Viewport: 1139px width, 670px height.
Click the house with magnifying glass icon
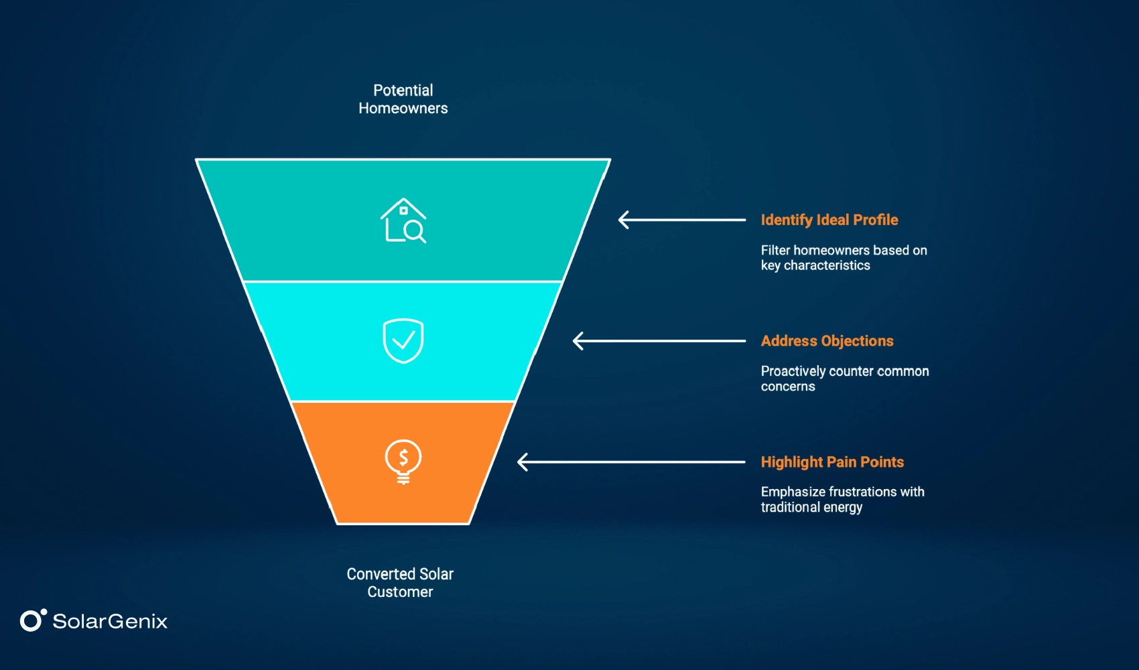[403, 220]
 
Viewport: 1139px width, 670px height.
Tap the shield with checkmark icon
[403, 340]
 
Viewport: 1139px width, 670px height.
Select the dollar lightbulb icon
[403, 461]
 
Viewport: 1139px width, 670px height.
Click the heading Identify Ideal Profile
[829, 220]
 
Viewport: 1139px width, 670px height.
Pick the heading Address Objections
[827, 341]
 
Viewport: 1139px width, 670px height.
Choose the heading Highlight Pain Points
[832, 462]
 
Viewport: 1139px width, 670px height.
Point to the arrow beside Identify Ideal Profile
[681, 220]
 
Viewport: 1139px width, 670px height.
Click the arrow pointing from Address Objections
[659, 341]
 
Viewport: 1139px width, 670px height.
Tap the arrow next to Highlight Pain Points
[631, 462]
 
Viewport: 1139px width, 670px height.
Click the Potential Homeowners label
[403, 99]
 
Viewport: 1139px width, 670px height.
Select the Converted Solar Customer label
[400, 583]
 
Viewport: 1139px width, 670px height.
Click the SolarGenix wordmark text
[110, 621]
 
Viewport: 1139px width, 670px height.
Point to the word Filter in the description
[775, 250]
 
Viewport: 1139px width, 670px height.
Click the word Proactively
[793, 371]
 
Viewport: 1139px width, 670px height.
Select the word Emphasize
[793, 492]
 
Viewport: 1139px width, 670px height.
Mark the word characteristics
[827, 265]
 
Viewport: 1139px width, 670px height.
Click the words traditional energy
[811, 507]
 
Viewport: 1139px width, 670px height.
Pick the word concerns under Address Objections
[788, 387]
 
